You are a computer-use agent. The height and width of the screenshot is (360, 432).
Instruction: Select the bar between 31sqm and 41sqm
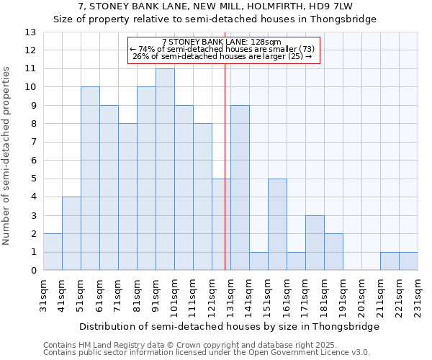(53, 252)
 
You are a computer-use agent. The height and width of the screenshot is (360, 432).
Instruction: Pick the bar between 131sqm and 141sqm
(240, 188)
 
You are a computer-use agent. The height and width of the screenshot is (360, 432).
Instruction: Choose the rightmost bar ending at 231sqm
(408, 261)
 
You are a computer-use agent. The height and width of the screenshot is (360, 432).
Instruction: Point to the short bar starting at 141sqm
(258, 261)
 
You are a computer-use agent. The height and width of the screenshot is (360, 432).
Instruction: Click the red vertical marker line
(225, 180)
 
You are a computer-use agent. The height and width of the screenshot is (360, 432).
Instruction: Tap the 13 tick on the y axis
(30, 32)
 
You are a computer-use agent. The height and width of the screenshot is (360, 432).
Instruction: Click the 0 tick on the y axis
(32, 271)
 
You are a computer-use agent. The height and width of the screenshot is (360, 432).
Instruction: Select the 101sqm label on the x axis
(175, 294)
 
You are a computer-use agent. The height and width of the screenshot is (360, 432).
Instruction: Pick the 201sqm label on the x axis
(362, 294)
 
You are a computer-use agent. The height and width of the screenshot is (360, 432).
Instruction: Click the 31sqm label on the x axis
(44, 294)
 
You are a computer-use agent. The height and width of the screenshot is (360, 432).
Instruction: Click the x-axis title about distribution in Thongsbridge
(229, 326)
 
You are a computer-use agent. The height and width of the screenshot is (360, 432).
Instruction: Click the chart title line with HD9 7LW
(215, 6)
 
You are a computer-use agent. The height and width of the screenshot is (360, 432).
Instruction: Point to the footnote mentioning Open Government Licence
(207, 353)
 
